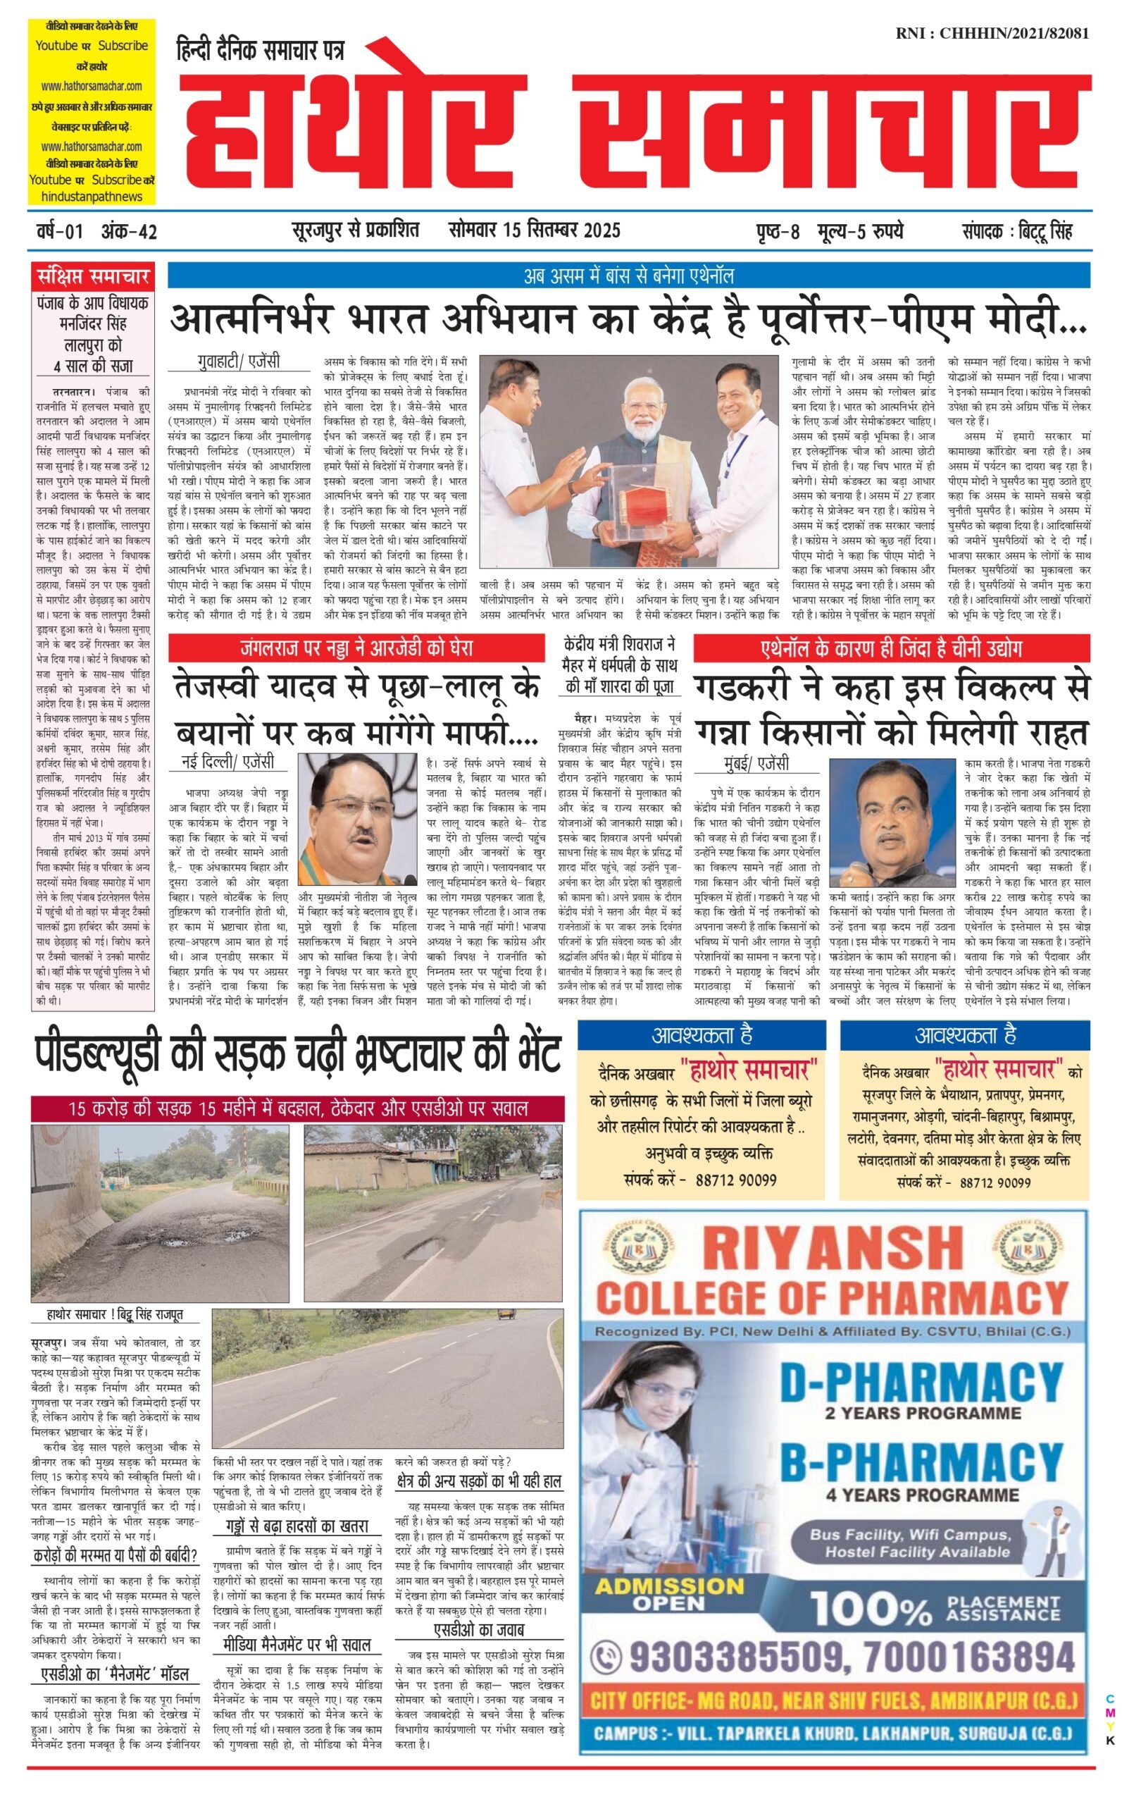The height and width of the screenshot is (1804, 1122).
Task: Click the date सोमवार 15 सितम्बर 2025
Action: [535, 230]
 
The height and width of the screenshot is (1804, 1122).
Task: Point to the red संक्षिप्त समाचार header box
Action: [94, 277]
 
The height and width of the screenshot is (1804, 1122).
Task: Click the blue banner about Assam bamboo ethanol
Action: [628, 276]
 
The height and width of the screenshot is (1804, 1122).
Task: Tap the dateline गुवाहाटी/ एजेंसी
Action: [239, 362]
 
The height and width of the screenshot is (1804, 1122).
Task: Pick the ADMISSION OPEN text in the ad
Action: [669, 1594]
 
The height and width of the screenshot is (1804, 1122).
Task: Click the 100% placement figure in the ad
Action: [872, 1609]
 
